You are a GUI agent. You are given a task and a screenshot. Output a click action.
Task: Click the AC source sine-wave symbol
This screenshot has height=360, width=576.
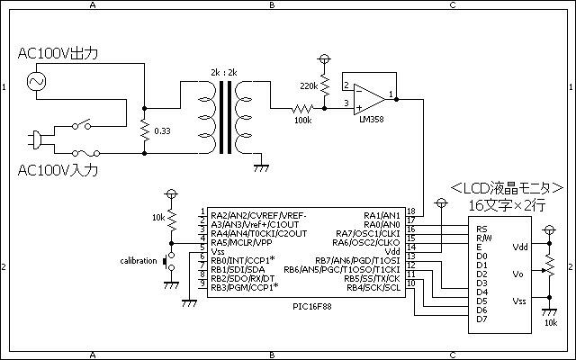point(37,81)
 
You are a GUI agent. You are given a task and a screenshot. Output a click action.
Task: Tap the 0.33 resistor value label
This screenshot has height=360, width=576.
point(162,131)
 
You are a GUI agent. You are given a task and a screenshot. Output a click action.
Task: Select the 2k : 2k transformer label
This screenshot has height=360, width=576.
point(224,72)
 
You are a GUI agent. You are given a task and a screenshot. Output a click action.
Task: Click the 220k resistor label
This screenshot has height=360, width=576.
point(309,86)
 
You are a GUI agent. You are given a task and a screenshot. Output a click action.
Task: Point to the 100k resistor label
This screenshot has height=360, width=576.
point(303,120)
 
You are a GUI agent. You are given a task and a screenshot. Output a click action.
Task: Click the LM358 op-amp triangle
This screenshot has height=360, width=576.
point(370,99)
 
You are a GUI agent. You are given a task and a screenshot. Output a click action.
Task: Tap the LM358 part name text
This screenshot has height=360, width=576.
point(372,119)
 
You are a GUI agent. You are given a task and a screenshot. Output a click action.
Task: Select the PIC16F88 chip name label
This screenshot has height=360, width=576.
point(312,306)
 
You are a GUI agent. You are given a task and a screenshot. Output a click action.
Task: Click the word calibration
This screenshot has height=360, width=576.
point(139,261)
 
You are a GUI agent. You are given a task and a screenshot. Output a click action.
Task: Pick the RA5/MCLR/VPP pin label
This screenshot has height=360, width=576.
point(241,243)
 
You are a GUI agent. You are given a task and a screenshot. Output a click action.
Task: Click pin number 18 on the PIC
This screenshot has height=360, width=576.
point(411,211)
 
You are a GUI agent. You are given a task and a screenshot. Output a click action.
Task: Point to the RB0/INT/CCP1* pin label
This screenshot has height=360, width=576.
point(243,260)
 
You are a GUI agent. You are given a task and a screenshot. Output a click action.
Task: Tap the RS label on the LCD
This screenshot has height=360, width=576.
point(481,229)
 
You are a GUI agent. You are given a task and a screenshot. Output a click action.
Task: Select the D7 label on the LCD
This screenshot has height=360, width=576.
point(482,319)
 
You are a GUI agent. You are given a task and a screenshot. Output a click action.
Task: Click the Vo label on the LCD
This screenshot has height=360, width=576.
point(517,274)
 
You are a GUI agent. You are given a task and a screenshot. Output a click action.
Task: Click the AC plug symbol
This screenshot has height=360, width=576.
point(35,140)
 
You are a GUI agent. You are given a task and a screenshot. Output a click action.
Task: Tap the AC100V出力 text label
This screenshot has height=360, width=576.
point(58,53)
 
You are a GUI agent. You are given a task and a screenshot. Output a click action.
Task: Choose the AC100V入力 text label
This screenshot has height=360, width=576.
point(58,170)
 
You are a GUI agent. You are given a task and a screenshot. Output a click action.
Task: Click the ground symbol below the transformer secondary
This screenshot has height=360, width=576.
point(261,168)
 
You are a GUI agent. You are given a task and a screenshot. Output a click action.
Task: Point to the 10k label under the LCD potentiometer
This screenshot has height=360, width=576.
point(551,323)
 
